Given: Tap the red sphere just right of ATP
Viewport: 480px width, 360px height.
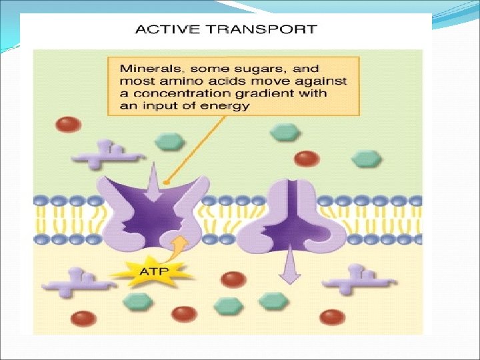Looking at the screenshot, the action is pyautogui.click(x=233, y=279).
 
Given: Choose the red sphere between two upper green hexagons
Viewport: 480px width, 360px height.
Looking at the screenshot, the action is pyautogui.click(x=307, y=158).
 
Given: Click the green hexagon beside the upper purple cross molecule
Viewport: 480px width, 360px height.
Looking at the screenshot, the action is pyautogui.click(x=169, y=141).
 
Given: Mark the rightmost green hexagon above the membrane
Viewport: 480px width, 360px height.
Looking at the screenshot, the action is pyautogui.click(x=365, y=159).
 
